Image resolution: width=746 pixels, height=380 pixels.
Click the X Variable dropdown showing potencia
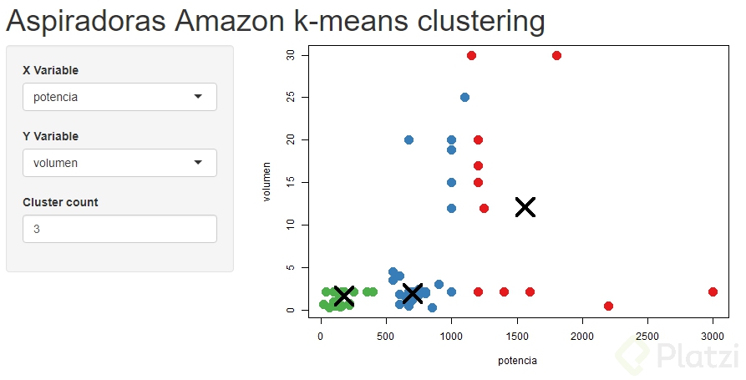click(x=119, y=97)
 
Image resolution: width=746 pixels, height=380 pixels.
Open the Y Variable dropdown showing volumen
click(x=119, y=163)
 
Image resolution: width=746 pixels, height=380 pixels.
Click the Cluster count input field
click(x=119, y=229)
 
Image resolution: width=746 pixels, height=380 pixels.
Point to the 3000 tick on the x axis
click(x=713, y=335)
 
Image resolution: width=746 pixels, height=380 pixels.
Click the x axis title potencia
click(x=517, y=361)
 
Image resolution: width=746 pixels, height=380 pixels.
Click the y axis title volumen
click(x=267, y=182)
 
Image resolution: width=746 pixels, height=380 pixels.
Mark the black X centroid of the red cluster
click(x=525, y=207)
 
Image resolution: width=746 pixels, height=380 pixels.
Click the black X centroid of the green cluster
click(x=343, y=295)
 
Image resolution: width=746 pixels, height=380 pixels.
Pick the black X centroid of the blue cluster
click(x=412, y=293)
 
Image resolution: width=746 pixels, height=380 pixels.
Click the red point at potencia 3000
click(x=713, y=292)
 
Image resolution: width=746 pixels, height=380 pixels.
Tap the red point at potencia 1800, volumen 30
click(x=556, y=55)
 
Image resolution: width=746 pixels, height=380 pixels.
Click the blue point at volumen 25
click(x=464, y=97)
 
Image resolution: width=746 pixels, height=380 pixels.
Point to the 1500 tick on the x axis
click(x=517, y=335)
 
